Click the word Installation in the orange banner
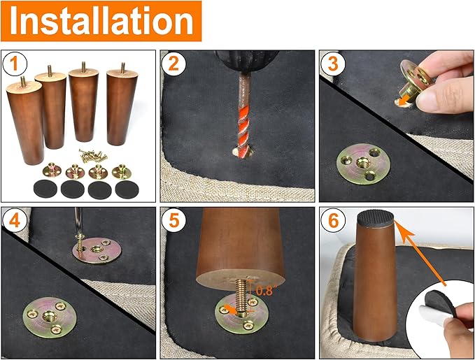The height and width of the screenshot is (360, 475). click(101, 21)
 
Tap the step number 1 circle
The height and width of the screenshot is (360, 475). click(15, 64)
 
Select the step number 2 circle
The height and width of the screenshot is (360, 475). click(173, 64)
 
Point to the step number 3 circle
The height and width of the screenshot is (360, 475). click(333, 64)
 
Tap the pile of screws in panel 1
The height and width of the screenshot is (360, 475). click(93, 155)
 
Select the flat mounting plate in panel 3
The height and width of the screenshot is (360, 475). click(363, 164)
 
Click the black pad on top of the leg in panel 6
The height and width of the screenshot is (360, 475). click(376, 218)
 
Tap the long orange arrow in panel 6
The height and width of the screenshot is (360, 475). click(420, 253)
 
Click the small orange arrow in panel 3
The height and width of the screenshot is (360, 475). click(403, 101)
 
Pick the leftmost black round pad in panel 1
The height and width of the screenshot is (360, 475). click(45, 189)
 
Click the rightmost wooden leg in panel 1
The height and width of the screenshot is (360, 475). click(122, 106)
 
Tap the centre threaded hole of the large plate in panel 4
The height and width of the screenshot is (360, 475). click(50, 317)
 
